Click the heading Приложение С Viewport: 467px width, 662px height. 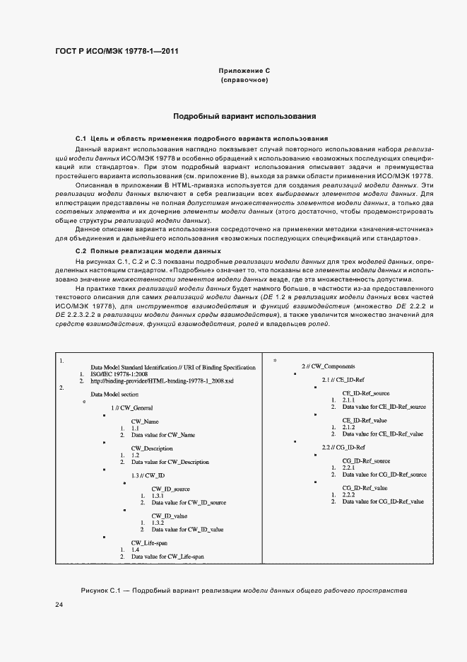(x=244, y=71)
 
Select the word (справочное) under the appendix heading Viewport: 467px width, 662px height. (x=244, y=81)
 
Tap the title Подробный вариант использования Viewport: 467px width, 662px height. (x=244, y=115)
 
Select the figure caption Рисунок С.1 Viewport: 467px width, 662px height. (x=244, y=590)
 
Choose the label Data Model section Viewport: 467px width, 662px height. (x=114, y=394)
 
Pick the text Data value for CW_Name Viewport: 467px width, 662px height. (x=162, y=435)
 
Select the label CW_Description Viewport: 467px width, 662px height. (x=152, y=448)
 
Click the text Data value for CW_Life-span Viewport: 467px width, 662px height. (x=167, y=557)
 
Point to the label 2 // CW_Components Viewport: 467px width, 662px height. (x=328, y=366)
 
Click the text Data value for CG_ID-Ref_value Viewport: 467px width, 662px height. (x=383, y=501)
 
